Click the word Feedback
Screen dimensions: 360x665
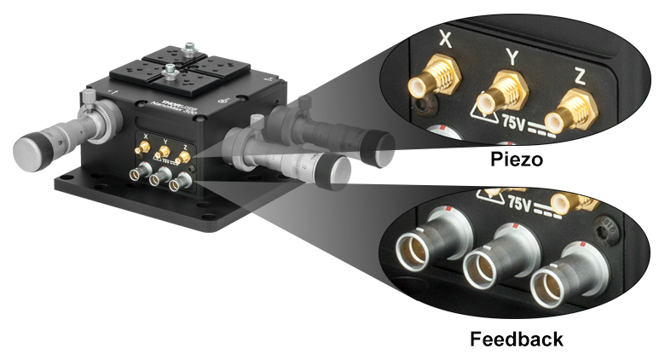(517, 339)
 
